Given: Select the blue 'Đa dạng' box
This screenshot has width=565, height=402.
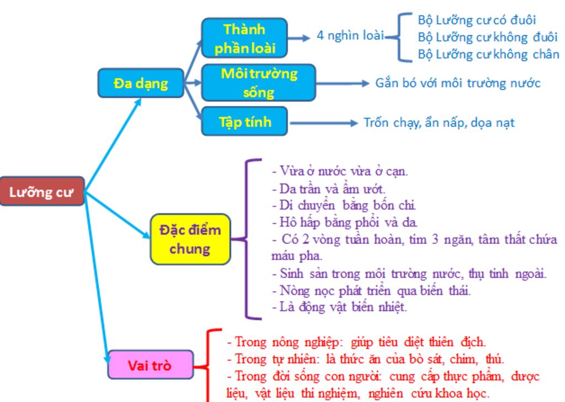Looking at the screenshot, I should [x=141, y=83].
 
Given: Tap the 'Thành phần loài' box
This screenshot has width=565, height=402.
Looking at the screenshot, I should [x=244, y=38].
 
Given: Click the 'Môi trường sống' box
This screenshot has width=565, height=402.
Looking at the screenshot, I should [x=258, y=83].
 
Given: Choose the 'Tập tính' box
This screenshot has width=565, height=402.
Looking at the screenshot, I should [x=244, y=121].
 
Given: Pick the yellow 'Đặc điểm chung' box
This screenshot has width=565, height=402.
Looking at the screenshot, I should [x=190, y=239].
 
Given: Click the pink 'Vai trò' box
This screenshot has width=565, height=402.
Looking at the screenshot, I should [x=150, y=365].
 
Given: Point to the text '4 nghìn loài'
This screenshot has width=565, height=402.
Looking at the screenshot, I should [x=350, y=36].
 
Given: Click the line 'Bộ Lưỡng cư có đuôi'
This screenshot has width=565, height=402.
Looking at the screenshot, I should [x=477, y=21].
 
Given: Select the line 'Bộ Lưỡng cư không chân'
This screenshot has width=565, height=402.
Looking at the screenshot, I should [x=488, y=54].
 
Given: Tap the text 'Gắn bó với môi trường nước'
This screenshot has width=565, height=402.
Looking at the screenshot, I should [x=458, y=83].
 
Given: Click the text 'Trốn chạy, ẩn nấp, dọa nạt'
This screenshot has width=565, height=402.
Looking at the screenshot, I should [x=439, y=122].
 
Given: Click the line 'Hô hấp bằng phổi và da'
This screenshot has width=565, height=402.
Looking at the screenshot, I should [x=345, y=223].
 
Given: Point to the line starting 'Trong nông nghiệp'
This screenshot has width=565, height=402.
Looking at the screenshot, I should [x=356, y=342].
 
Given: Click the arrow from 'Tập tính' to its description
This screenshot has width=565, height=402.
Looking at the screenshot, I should [x=323, y=123].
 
